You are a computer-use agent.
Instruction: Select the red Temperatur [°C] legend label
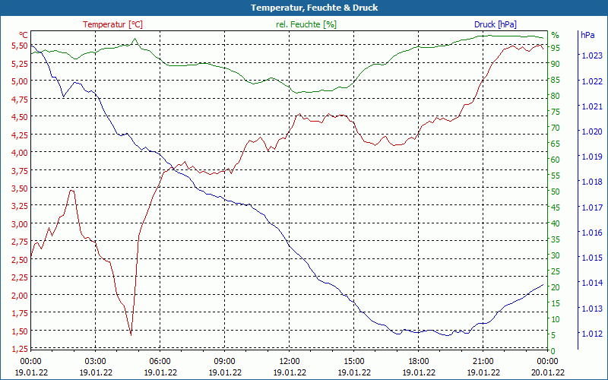tap(112, 24)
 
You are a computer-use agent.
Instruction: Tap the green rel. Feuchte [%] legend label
tap(306, 24)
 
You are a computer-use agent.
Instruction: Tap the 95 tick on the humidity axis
tap(556, 48)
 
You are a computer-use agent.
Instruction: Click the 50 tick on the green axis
tap(556, 192)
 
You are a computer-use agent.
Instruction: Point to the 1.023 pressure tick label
tap(591, 55)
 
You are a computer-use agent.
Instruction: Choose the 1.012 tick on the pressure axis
tap(591, 333)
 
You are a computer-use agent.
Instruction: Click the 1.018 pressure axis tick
tap(591, 182)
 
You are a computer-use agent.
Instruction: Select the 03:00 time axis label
tap(95, 361)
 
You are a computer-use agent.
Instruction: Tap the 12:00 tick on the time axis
tap(290, 361)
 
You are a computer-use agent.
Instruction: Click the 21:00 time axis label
tap(483, 361)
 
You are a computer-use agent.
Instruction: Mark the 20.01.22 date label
tap(548, 372)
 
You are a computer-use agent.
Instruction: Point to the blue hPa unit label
tap(587, 35)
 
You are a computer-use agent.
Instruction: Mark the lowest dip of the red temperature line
tap(131, 334)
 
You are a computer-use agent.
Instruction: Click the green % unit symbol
tap(555, 35)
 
